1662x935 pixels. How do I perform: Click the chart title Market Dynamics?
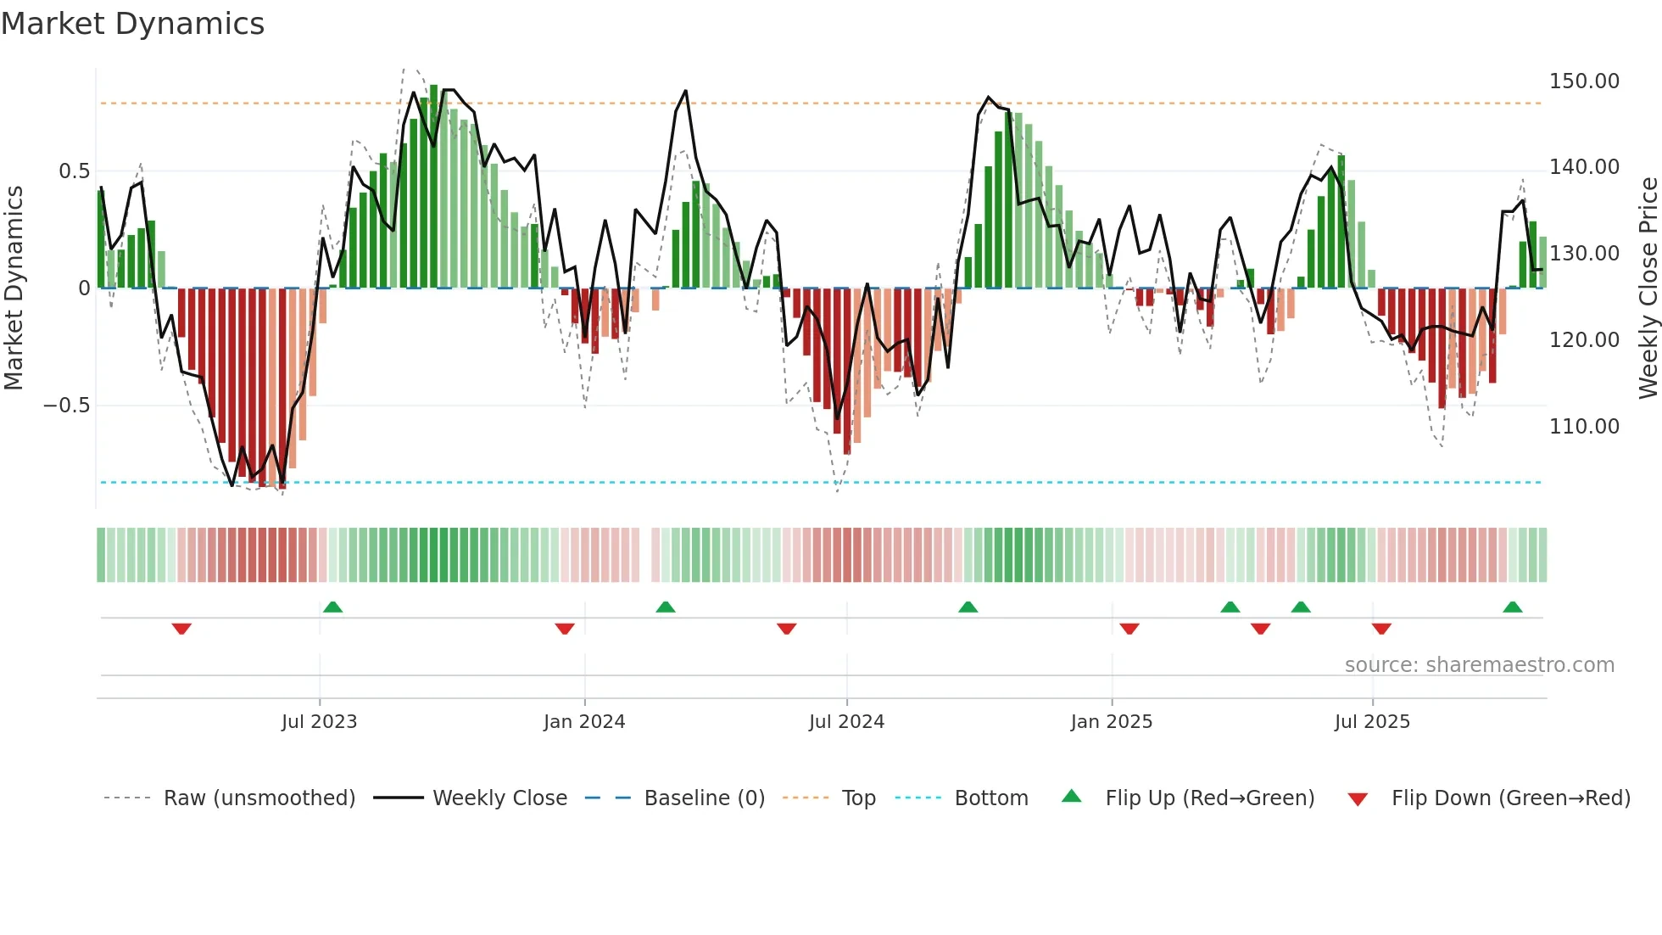tap(133, 24)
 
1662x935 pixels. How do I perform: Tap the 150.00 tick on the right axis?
tap(1583, 81)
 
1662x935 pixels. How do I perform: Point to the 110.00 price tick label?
tap(1583, 427)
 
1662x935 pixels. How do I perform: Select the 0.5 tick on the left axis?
tap(74, 171)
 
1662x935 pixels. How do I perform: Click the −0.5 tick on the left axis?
tap(66, 406)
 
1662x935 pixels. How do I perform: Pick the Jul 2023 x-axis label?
tap(319, 722)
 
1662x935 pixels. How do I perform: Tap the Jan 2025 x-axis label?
tap(1111, 722)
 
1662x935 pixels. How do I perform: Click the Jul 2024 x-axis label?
tap(846, 722)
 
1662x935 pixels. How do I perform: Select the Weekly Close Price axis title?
tap(1648, 288)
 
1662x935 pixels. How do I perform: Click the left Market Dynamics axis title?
tap(14, 288)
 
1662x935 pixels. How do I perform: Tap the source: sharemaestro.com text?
tap(1479, 665)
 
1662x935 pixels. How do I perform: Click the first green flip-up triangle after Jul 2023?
tap(332, 607)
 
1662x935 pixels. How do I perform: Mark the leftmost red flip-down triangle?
tap(181, 629)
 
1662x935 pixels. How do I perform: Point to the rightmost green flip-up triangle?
tap(1512, 607)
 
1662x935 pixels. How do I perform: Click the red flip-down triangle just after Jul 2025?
tap(1381, 629)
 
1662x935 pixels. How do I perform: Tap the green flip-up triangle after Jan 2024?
tap(666, 607)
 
